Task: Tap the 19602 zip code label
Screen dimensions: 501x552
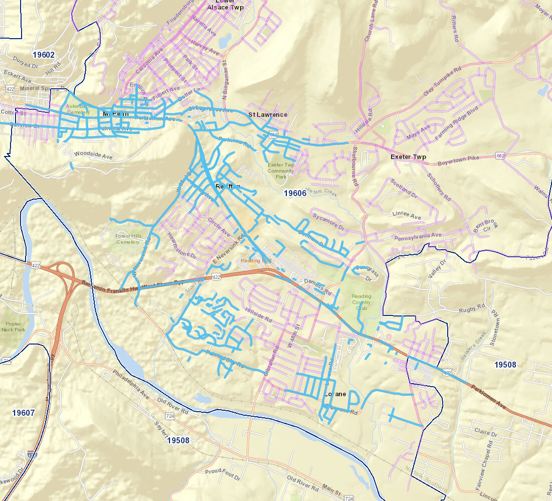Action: tap(43, 54)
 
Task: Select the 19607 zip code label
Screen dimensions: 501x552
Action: tap(24, 413)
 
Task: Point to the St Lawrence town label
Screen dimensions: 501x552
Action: tap(268, 114)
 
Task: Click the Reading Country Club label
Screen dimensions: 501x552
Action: tap(361, 302)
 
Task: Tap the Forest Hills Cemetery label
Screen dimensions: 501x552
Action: tap(129, 239)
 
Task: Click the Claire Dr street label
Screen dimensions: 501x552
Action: tap(485, 433)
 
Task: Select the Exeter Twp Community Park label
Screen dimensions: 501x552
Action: tap(280, 171)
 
